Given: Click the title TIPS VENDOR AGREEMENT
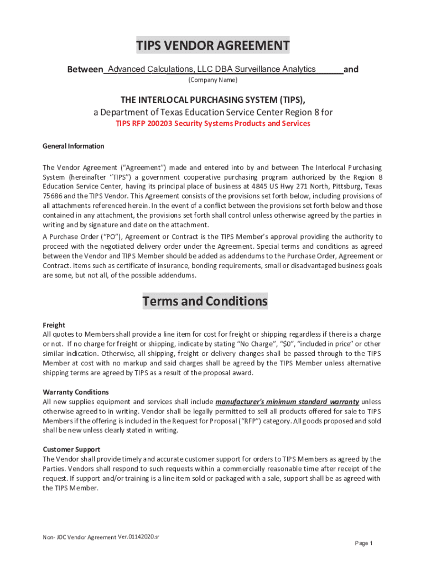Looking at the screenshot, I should [213, 45].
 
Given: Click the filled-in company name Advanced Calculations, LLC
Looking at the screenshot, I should [211, 69].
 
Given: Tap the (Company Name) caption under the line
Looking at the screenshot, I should [213, 81].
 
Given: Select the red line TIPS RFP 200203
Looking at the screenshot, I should [213, 123].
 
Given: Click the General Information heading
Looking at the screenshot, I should [73, 146].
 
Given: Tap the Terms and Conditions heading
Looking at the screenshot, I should [205, 302].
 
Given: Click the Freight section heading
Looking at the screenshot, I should [54, 325].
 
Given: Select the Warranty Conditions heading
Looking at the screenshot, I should [72, 392].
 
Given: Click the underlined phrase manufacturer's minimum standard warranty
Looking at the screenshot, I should [287, 401].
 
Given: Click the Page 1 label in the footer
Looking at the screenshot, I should [364, 543].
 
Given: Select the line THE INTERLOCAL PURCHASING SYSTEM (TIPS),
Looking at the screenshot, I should [213, 99].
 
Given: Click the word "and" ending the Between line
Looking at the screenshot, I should [351, 70].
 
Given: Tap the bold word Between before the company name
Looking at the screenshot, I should [85, 70].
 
